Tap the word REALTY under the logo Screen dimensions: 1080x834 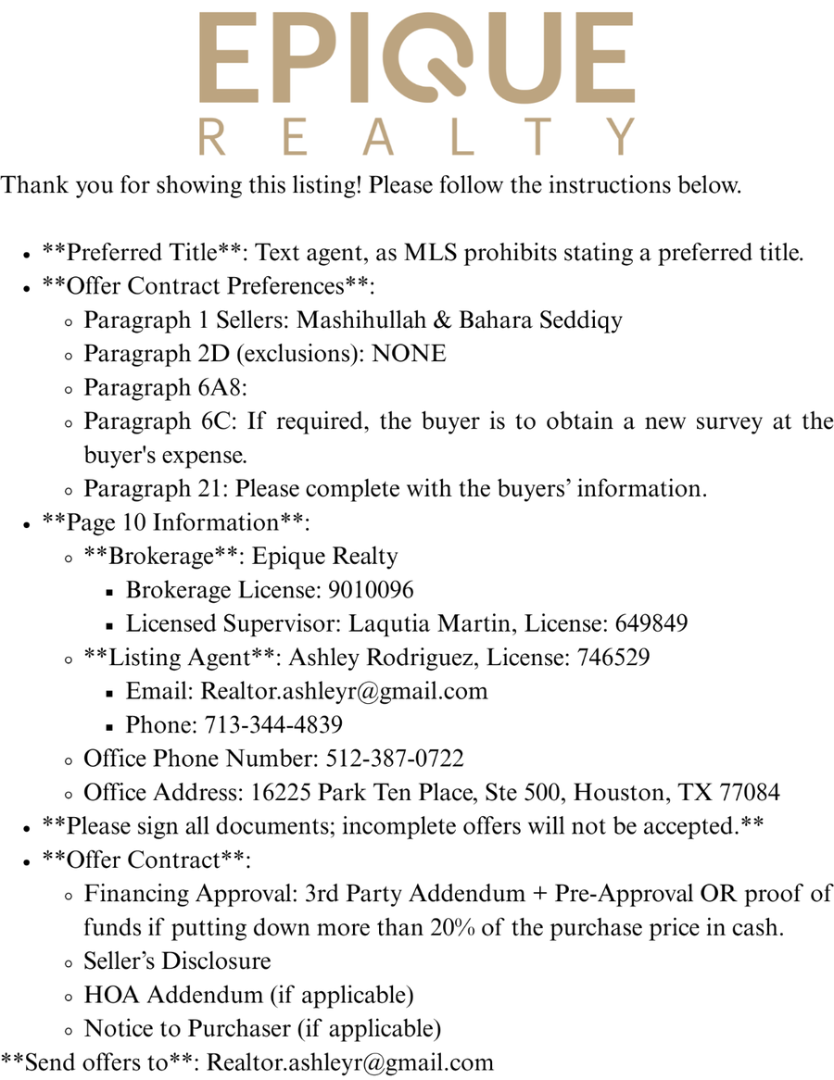tap(417, 136)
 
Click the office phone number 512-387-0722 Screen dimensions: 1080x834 tap(395, 759)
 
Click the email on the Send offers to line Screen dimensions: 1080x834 tap(350, 1062)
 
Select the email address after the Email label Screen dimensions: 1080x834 tap(344, 691)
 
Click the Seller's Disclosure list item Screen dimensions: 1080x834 tap(177, 961)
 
